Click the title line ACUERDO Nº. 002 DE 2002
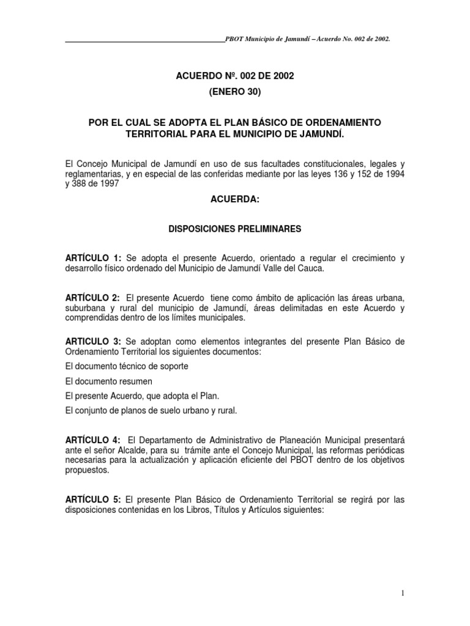(235, 76)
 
